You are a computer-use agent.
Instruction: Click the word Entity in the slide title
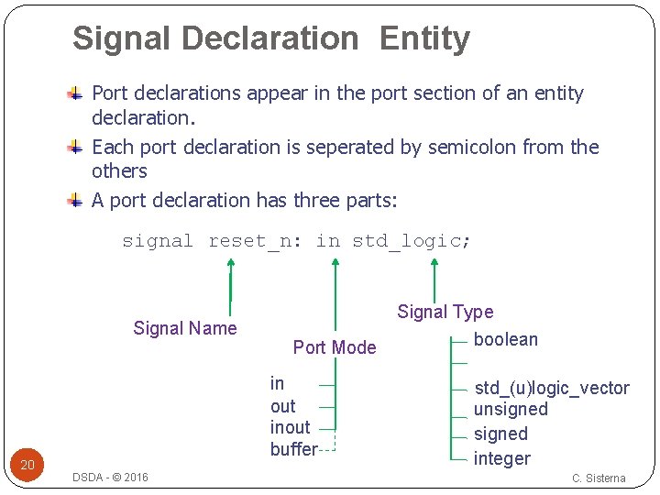[423, 39]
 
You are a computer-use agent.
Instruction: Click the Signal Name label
[185, 328]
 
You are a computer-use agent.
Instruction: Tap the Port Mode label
[335, 347]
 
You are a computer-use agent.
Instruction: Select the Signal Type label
[445, 313]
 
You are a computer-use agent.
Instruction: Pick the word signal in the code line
[158, 241]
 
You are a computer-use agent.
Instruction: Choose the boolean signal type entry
[506, 339]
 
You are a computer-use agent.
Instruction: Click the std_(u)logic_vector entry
[552, 388]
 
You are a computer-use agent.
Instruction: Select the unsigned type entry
[511, 409]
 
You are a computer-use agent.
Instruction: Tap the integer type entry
[502, 458]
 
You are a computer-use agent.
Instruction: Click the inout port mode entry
[291, 427]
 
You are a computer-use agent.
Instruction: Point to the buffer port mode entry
[293, 449]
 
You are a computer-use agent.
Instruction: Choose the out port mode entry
[282, 406]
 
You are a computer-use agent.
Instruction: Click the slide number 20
[27, 465]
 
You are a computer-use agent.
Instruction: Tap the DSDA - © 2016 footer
[110, 478]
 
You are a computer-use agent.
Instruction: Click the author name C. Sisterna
[599, 478]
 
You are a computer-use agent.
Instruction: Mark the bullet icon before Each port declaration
[77, 147]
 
